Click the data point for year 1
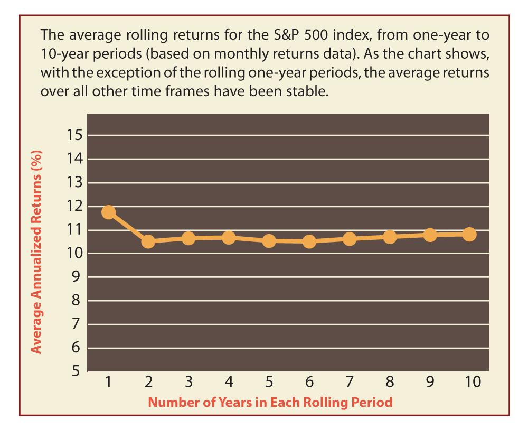(x=108, y=212)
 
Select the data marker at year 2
(x=148, y=241)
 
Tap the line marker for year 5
(x=269, y=241)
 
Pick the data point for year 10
(x=469, y=234)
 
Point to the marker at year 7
(x=349, y=239)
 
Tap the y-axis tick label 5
(x=77, y=371)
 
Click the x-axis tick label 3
(x=188, y=382)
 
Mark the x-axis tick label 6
(x=309, y=382)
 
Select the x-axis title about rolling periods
(x=270, y=403)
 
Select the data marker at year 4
(x=229, y=238)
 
